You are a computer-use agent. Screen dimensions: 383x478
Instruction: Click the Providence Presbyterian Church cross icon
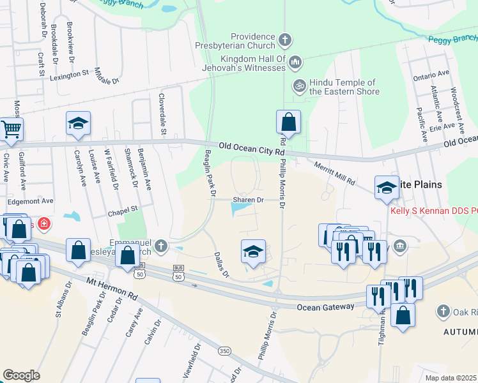(285, 41)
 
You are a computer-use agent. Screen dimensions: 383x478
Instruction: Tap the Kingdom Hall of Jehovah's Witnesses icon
(295, 63)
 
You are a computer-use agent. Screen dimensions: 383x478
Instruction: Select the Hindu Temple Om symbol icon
(298, 84)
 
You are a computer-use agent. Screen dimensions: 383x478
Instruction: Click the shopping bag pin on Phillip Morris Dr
(288, 121)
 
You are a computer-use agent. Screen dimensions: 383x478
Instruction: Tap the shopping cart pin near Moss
(11, 130)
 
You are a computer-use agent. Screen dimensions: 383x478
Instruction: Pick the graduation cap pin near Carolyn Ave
(78, 123)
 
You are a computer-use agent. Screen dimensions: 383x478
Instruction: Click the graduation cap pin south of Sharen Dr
(253, 252)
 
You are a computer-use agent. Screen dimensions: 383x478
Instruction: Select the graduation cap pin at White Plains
(387, 187)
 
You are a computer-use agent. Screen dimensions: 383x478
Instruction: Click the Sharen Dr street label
(249, 200)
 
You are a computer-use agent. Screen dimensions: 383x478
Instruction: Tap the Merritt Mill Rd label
(334, 173)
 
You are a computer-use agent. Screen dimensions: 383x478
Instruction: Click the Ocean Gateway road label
(325, 307)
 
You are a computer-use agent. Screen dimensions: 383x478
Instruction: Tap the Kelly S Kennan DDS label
(433, 210)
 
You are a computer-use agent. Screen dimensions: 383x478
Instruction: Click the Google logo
(22, 375)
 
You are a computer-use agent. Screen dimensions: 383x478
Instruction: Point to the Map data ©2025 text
(451, 378)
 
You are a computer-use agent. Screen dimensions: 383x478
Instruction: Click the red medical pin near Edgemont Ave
(43, 224)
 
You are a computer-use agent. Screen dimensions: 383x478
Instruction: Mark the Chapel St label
(123, 208)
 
